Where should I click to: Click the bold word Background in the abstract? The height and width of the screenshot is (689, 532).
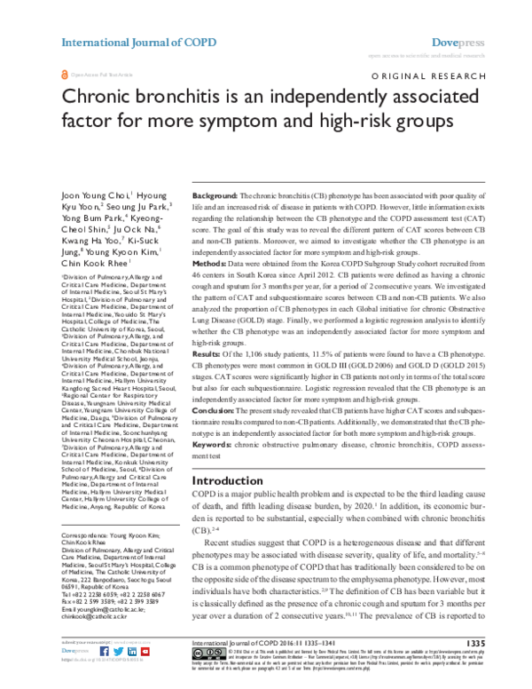[x=215, y=194]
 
